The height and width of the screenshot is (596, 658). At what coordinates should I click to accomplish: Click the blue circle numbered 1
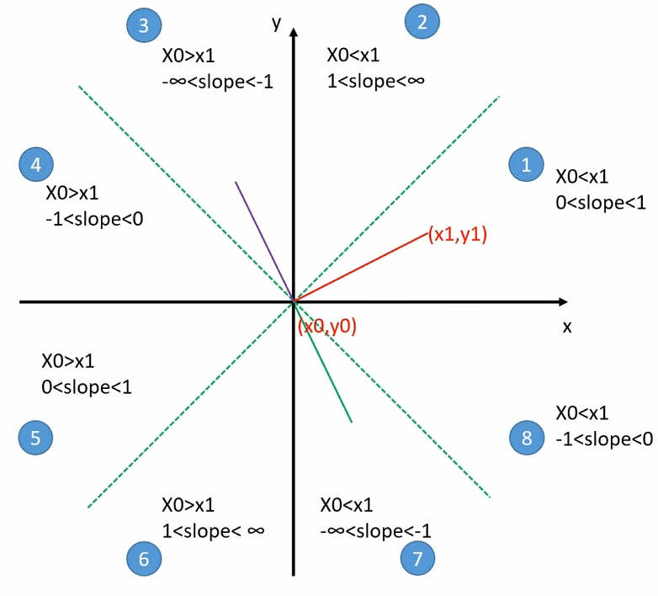tap(527, 165)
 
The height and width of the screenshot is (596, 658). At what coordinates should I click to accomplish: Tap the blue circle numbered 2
tap(422, 22)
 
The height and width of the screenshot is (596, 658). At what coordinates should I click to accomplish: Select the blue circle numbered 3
tap(144, 26)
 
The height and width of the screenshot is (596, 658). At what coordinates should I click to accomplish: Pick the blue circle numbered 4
tap(36, 165)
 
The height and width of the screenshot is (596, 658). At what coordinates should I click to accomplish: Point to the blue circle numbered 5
tap(35, 437)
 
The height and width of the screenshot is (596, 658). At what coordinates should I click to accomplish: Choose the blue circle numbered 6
tap(144, 557)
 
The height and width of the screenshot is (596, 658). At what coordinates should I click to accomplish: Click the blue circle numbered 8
tap(527, 437)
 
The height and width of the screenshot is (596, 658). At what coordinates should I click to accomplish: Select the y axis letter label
tap(275, 22)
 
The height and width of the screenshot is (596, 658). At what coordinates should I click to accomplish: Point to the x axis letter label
tap(567, 326)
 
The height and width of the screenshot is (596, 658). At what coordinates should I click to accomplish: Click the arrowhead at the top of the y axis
tap(294, 34)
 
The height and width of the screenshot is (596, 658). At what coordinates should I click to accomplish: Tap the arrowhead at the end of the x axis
tap(561, 301)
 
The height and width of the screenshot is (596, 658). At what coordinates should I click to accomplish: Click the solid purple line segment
tap(263, 239)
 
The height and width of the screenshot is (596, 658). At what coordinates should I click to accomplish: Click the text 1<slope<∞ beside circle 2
tap(375, 82)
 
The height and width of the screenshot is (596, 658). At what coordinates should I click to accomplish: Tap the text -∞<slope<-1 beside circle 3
tap(217, 82)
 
